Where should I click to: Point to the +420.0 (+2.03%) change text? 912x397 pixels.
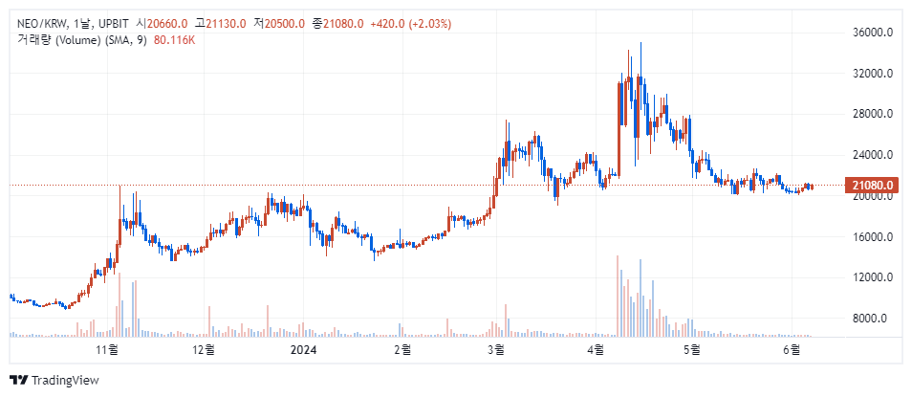pos(417,23)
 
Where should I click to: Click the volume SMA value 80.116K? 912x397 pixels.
pos(174,39)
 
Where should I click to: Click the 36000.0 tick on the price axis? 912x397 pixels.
pos(872,33)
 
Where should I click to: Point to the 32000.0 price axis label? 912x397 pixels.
pos(872,73)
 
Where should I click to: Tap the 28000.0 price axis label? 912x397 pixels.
pos(872,114)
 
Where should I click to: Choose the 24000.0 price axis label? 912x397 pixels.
pos(872,155)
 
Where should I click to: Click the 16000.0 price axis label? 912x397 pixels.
pos(872,236)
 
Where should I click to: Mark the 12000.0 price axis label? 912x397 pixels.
pos(872,277)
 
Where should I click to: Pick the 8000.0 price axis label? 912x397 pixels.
pos(874,319)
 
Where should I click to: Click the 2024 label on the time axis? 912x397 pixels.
pos(304,350)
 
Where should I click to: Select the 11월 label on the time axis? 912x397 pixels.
pos(106,350)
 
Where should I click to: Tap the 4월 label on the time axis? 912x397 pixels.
pos(596,350)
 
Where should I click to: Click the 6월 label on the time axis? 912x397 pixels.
pos(791,350)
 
